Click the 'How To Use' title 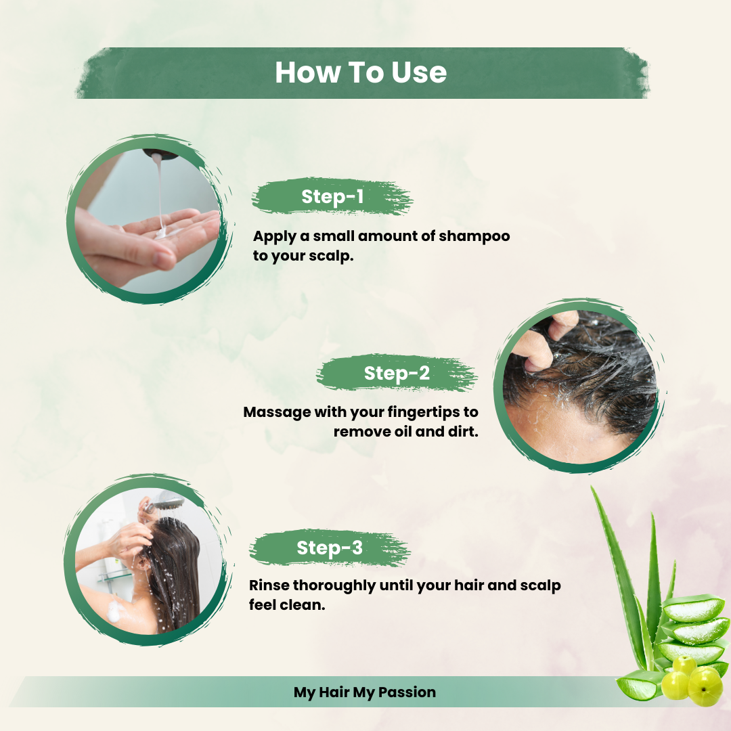pos(361,73)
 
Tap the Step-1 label pos(332,197)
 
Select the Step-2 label pos(397,373)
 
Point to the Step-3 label pos(330,548)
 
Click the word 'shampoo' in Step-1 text pos(474,237)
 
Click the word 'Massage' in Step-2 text pos(276,412)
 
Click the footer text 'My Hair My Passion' pos(365,692)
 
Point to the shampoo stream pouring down pos(158,190)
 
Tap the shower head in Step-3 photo pos(168,504)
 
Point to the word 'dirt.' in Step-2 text pos(462,432)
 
